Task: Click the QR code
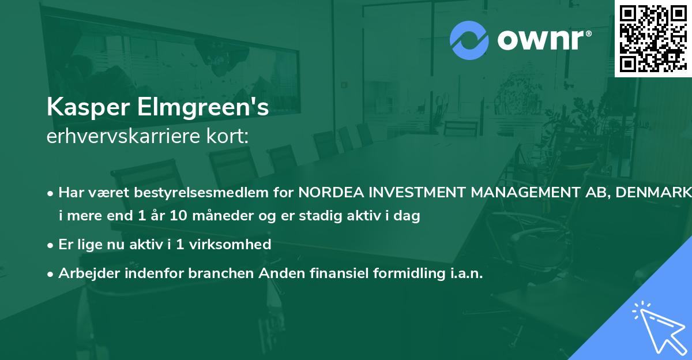(653, 39)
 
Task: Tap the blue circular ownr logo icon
(469, 40)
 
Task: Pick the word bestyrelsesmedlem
(213, 193)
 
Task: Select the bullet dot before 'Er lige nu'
(51, 245)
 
